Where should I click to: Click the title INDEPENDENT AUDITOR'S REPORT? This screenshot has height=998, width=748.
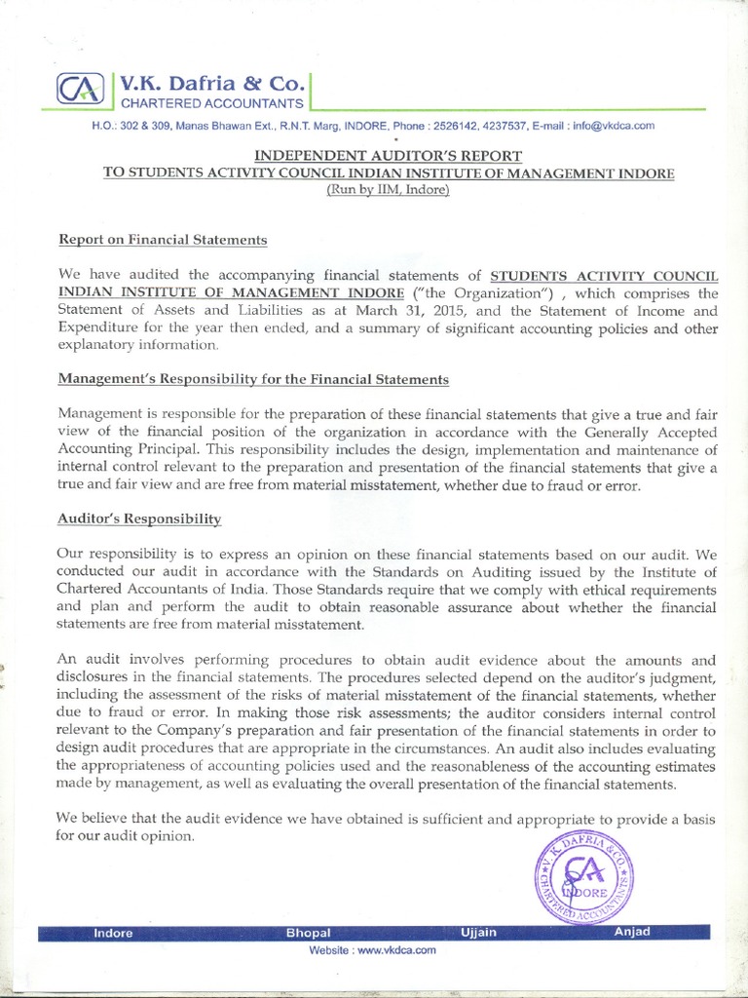pos(389,155)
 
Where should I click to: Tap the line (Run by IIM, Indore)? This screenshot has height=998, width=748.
pos(388,189)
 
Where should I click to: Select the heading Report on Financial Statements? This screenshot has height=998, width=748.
pos(163,239)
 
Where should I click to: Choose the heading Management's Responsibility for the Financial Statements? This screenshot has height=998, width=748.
pos(253,378)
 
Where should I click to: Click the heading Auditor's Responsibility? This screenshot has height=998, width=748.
pos(140,519)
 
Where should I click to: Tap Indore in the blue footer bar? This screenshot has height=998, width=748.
pos(113,933)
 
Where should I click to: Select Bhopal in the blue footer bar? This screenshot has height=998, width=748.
pos(309,933)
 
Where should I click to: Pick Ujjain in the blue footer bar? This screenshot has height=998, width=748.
pos(478,933)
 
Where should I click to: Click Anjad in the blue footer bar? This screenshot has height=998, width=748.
pos(632,932)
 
